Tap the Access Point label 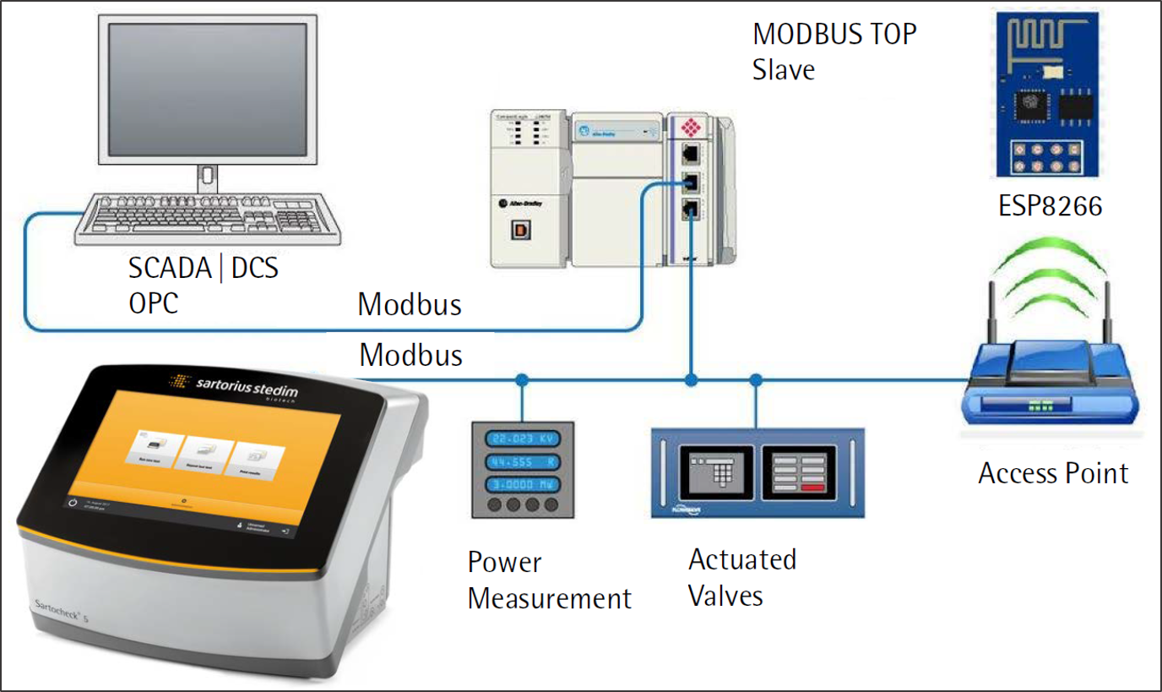(x=1053, y=473)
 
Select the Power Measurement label (x=549, y=580)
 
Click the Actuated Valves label (x=742, y=577)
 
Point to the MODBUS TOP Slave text (x=833, y=52)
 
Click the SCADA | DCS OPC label (x=203, y=286)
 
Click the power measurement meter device (x=522, y=469)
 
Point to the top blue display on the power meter (x=522, y=439)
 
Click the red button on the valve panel (x=813, y=488)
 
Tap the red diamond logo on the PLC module (x=691, y=128)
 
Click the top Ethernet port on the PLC (x=691, y=154)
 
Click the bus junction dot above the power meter (x=522, y=380)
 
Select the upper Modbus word (x=410, y=304)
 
